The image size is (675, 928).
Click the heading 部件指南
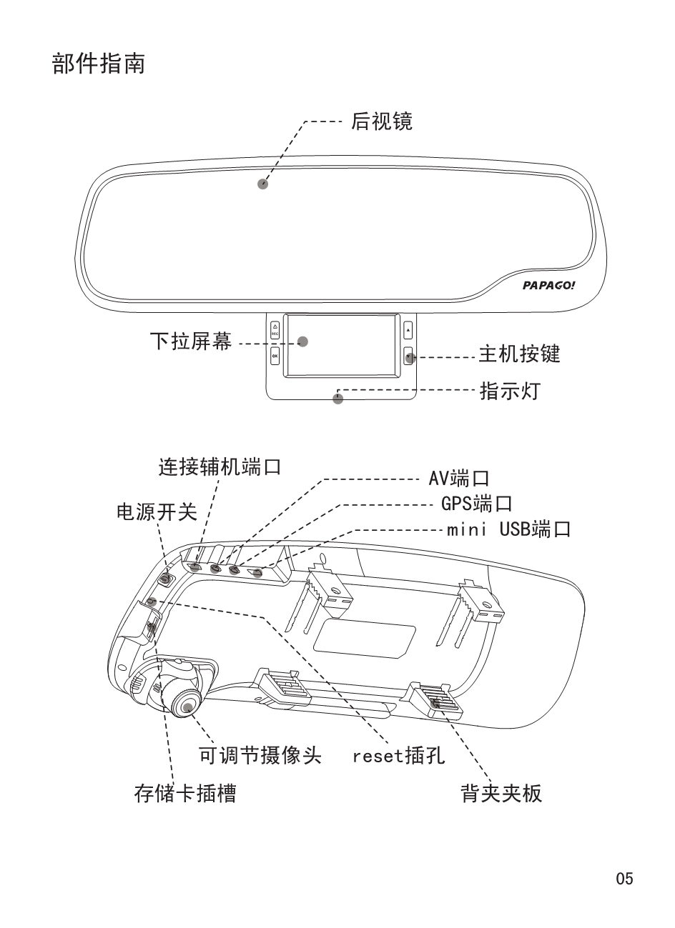tap(99, 63)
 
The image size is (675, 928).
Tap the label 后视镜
tap(381, 121)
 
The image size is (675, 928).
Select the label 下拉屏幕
tap(190, 341)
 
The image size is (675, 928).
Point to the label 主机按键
tap(519, 354)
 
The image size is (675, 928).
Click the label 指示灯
tap(510, 391)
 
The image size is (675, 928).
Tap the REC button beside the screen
tap(275, 331)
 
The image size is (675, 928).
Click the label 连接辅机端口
tap(220, 468)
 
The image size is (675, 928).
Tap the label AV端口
tap(458, 478)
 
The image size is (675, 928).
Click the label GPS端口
tap(476, 504)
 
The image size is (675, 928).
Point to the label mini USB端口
tap(508, 529)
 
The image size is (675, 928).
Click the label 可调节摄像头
tap(260, 755)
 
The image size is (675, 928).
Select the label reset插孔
tap(398, 755)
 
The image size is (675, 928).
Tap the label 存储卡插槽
tap(185, 793)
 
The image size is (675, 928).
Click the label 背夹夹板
tap(501, 793)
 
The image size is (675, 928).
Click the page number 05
tap(624, 879)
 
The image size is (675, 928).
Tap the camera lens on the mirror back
tap(188, 706)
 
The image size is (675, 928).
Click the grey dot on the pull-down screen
tap(302, 341)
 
